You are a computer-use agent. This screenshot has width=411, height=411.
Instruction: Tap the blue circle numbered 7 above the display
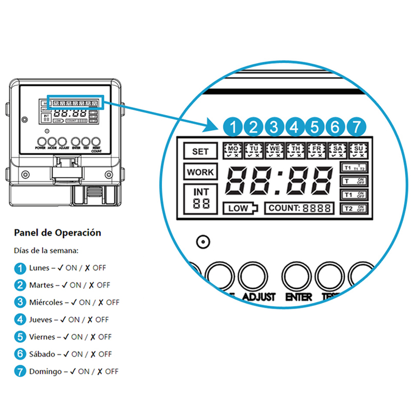pyautogui.click(x=357, y=126)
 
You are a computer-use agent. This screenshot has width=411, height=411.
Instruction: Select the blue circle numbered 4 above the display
pyautogui.click(x=295, y=126)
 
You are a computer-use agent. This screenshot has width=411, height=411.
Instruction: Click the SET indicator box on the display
pyautogui.click(x=200, y=152)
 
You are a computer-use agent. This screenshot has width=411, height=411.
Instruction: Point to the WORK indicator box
pyautogui.click(x=200, y=173)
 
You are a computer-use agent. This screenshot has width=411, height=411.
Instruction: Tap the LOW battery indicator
pyautogui.click(x=239, y=208)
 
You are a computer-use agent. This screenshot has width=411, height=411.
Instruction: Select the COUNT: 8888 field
pyautogui.click(x=299, y=208)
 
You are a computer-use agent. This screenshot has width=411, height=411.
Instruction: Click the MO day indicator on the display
pyautogui.click(x=233, y=150)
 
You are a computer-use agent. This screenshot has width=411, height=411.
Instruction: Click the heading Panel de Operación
pyautogui.click(x=58, y=233)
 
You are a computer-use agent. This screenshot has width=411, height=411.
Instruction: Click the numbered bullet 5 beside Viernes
pyautogui.click(x=20, y=337)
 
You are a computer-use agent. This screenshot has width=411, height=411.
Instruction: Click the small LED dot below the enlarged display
pyautogui.click(x=204, y=241)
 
